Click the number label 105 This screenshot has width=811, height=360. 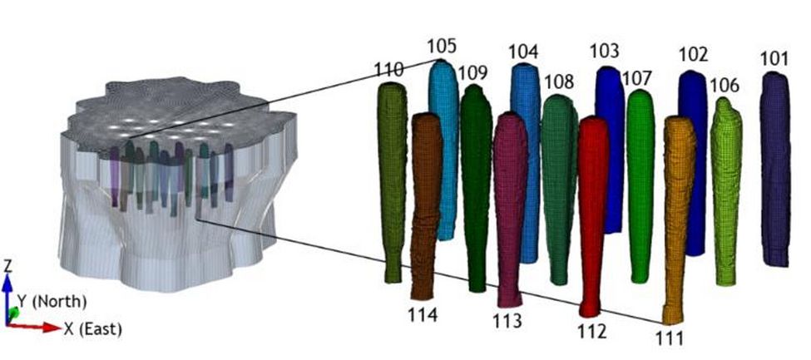(443, 47)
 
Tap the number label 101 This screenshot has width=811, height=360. (774, 59)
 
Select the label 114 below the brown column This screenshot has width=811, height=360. (423, 314)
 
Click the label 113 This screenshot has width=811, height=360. (507, 321)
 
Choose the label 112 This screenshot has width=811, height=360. (591, 330)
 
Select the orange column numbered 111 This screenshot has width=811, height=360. (679, 219)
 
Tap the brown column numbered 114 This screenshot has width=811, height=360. (426, 206)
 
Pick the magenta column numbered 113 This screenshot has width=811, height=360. (511, 210)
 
